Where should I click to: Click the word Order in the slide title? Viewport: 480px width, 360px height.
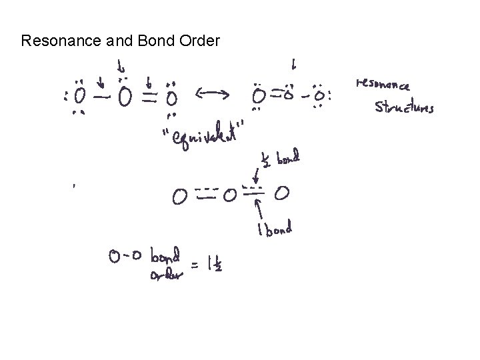(199, 41)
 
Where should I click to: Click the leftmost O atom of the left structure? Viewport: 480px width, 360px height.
(80, 97)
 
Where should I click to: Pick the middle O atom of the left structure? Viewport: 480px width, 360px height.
(124, 98)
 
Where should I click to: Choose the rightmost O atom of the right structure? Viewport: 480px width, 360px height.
(319, 97)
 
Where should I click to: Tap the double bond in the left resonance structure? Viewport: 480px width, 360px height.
(147, 98)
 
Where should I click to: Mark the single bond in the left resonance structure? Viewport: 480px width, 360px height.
(102, 98)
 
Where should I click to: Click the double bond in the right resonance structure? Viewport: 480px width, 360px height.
(273, 95)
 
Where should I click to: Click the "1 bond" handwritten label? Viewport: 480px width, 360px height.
(273, 231)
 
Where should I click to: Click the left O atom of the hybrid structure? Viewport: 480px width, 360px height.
(179, 197)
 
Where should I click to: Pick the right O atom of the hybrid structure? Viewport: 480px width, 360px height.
(282, 195)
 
